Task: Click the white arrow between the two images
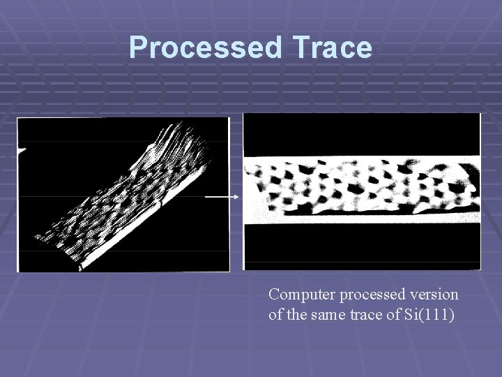pyautogui.click(x=222, y=197)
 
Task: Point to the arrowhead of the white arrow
pyautogui.click(x=237, y=197)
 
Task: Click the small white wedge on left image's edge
pyautogui.click(x=22, y=149)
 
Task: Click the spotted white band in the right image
pyautogui.click(x=361, y=185)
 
